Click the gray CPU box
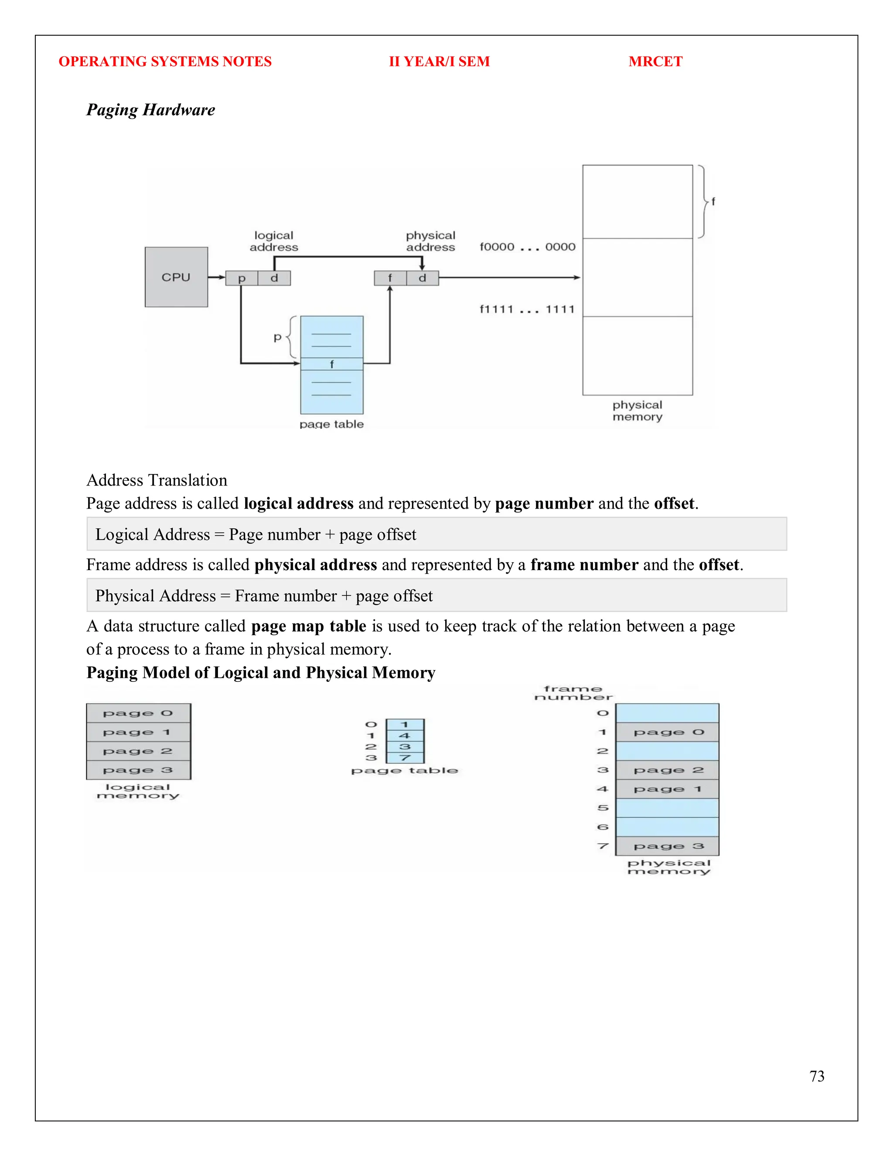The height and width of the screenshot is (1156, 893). pyautogui.click(x=176, y=277)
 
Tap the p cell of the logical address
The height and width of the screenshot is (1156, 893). pyautogui.click(x=242, y=278)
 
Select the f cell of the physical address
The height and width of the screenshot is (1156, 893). pyautogui.click(x=390, y=278)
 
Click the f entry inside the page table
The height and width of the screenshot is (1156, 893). pyautogui.click(x=332, y=364)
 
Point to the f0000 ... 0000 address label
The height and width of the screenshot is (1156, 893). pyautogui.click(x=527, y=246)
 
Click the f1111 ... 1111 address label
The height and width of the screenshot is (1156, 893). pyautogui.click(x=527, y=309)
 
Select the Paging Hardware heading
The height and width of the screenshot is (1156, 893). pyautogui.click(x=151, y=109)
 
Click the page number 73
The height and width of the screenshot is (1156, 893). pyautogui.click(x=816, y=1076)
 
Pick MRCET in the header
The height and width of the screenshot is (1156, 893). pyautogui.click(x=655, y=62)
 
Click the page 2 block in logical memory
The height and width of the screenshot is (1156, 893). pyautogui.click(x=138, y=751)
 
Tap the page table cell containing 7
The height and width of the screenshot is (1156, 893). pyautogui.click(x=405, y=758)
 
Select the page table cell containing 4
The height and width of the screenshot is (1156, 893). pyautogui.click(x=405, y=736)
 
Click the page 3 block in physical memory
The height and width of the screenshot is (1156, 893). pyautogui.click(x=667, y=846)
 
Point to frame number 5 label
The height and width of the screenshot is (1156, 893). pyautogui.click(x=603, y=808)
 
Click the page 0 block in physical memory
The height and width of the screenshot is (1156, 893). pyautogui.click(x=667, y=732)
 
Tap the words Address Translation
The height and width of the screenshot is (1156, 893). pyautogui.click(x=157, y=480)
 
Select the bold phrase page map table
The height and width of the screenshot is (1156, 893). pyautogui.click(x=308, y=626)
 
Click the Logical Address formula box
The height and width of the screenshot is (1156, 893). pyautogui.click(x=436, y=534)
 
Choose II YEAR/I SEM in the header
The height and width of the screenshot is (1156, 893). pyautogui.click(x=439, y=62)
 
